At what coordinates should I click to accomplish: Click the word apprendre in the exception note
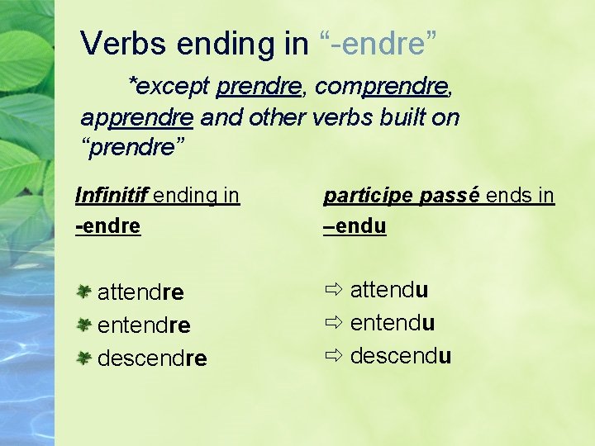pyautogui.click(x=137, y=117)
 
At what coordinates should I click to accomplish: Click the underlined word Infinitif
pyautogui.click(x=110, y=196)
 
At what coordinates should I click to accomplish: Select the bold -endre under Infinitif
pyautogui.click(x=107, y=225)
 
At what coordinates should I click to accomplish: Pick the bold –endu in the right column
pyautogui.click(x=355, y=225)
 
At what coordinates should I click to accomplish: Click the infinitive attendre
pyautogui.click(x=140, y=292)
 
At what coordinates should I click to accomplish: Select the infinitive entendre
pyautogui.click(x=144, y=325)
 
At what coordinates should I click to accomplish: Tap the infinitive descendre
pyautogui.click(x=152, y=358)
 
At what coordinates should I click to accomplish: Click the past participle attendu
pyautogui.click(x=389, y=290)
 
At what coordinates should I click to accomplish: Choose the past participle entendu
pyautogui.click(x=393, y=323)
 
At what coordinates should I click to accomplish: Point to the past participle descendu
pyautogui.click(x=401, y=356)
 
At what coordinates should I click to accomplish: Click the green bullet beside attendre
pyautogui.click(x=83, y=292)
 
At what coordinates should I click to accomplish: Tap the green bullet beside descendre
pyautogui.click(x=83, y=358)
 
